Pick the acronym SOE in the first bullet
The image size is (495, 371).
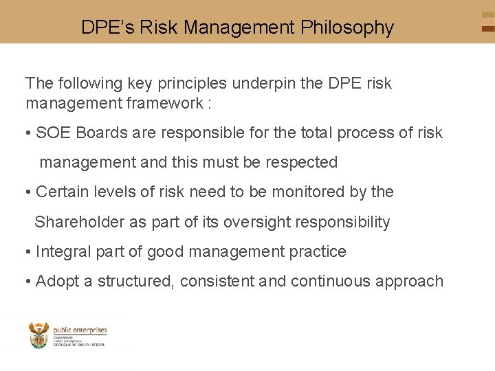tap(54, 133)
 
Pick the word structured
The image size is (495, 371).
tap(135, 282)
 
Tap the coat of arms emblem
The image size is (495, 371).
tap(38, 336)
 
